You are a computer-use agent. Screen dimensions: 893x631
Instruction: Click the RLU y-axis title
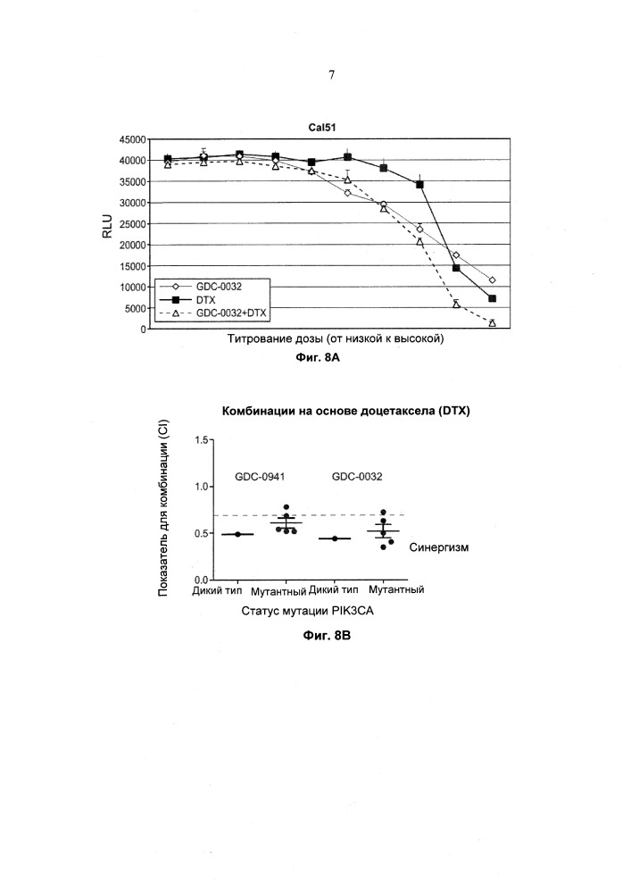(109, 234)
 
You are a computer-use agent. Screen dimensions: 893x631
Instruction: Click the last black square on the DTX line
(493, 298)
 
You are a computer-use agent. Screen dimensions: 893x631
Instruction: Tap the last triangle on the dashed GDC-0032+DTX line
(493, 323)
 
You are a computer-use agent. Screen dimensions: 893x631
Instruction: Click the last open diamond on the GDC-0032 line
(493, 280)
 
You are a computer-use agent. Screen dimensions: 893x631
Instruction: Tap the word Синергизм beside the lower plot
(439, 547)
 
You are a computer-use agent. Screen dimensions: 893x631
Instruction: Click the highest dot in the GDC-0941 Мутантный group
(286, 507)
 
